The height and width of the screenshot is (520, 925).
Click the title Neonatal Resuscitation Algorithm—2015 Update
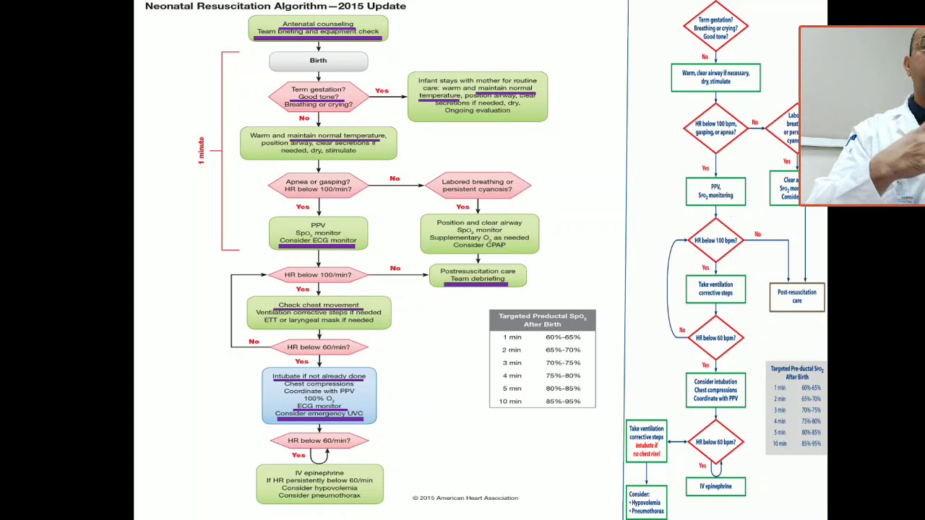pyautogui.click(x=275, y=6)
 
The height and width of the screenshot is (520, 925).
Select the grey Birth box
pyautogui.click(x=318, y=61)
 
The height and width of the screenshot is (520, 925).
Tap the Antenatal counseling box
pyautogui.click(x=318, y=28)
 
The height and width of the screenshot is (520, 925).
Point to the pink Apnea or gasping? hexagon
pyautogui.click(x=318, y=186)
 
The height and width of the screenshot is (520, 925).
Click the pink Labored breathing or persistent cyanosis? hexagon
pyautogui.click(x=477, y=186)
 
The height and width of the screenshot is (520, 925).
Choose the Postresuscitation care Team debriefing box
pyautogui.click(x=478, y=275)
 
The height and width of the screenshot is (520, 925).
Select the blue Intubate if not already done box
pyautogui.click(x=319, y=395)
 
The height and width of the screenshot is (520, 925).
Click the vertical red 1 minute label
pyautogui.click(x=202, y=150)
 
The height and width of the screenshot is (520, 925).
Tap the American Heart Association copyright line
pyautogui.click(x=465, y=498)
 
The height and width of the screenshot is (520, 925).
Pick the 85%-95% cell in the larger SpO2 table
pyautogui.click(x=563, y=402)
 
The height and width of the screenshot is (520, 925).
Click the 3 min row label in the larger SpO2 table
pyautogui.click(x=512, y=363)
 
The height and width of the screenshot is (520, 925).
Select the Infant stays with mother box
pyautogui.click(x=477, y=96)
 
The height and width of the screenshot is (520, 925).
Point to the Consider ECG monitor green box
pyautogui.click(x=318, y=233)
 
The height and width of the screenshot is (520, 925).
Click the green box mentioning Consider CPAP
pyautogui.click(x=479, y=234)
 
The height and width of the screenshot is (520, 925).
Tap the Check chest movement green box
pyautogui.click(x=319, y=313)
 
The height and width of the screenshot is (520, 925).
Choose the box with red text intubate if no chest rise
pyautogui.click(x=646, y=441)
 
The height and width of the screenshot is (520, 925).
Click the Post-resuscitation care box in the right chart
pyautogui.click(x=796, y=297)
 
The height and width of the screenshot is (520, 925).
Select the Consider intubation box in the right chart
pyautogui.click(x=715, y=390)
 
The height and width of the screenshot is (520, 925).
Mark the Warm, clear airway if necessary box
pyautogui.click(x=715, y=77)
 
